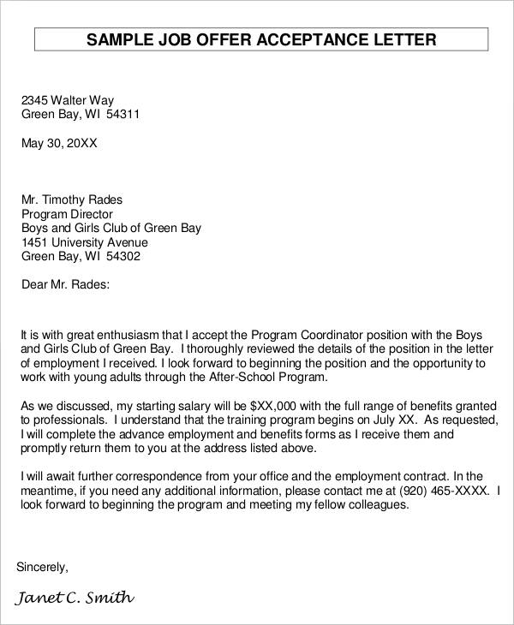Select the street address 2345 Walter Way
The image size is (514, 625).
point(67,99)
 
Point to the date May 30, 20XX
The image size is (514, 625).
point(59,143)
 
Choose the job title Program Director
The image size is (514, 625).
point(67,214)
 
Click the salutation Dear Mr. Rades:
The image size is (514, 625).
point(65,284)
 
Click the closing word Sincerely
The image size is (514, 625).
point(42,567)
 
